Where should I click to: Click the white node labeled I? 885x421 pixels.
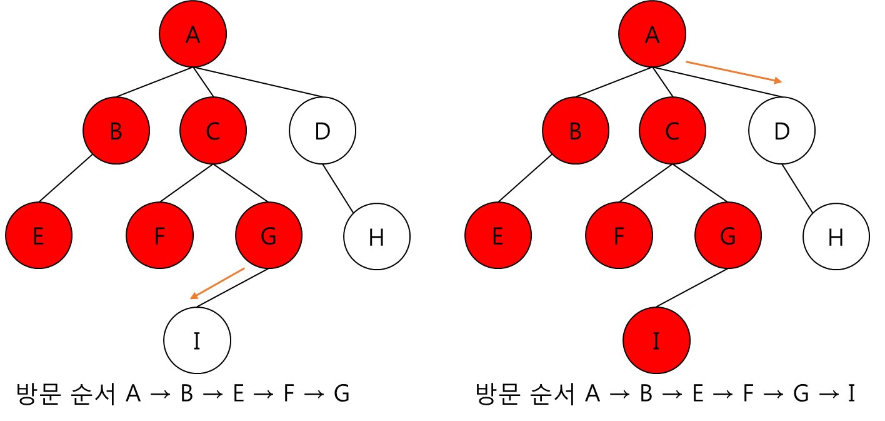pos(197,340)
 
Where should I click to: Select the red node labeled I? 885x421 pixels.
pos(656,340)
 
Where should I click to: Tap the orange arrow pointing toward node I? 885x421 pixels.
pos(217,283)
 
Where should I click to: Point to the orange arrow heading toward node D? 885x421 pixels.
pos(734,71)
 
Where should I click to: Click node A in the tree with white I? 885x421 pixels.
pos(192,34)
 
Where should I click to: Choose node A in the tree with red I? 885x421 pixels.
pos(652,34)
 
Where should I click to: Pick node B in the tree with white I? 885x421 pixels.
pos(116,131)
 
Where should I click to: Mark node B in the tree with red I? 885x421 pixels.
pos(576,131)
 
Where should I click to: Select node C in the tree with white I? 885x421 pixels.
pos(213,131)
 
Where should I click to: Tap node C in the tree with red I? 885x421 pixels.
pos(672,131)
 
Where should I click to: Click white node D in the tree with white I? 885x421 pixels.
pos(322,131)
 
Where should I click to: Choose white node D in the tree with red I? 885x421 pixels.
pos(782,131)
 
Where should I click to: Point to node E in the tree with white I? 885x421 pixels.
pos(39,236)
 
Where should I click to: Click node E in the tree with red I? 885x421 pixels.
pos(498,236)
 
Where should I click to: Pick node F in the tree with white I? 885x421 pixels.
pos(159,236)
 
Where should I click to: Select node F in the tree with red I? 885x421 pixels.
pos(619,236)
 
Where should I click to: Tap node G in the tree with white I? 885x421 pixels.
pos(269,236)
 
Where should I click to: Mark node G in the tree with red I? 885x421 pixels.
pos(728,236)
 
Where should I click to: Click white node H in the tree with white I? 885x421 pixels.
pos(377,236)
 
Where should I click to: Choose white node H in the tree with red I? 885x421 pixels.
pos(836,236)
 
